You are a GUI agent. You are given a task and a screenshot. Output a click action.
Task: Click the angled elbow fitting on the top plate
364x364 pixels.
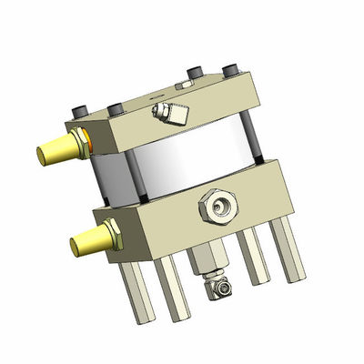point(167,113)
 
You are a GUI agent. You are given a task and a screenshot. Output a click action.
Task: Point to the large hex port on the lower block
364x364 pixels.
point(218,208)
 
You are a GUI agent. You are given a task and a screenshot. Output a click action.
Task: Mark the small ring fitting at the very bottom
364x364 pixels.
point(221,288)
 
